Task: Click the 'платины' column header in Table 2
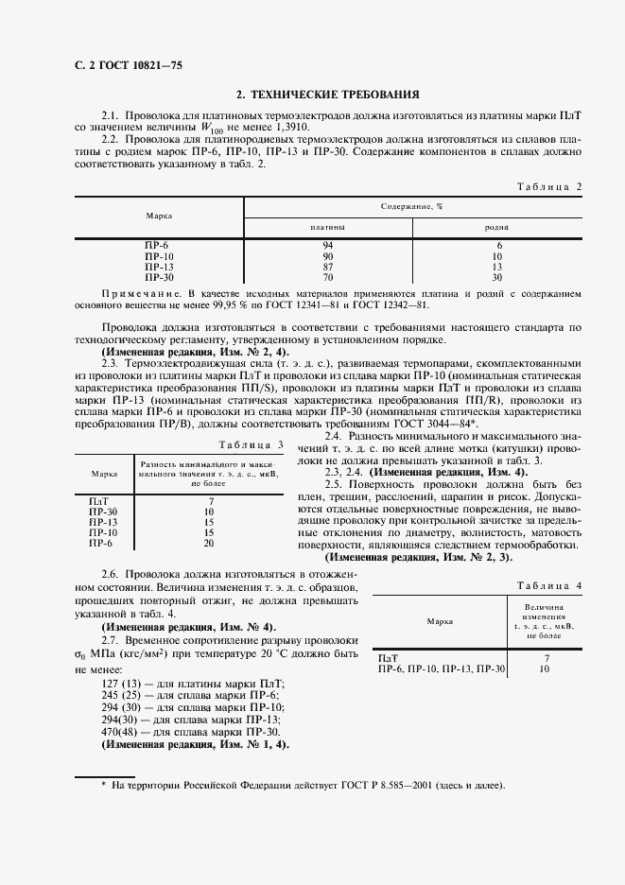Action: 327,227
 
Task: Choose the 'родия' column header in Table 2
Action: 497,227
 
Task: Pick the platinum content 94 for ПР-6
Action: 327,246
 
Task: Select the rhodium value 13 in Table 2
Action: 497,268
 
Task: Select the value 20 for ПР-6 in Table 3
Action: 209,544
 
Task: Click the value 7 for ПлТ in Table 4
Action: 547,657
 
